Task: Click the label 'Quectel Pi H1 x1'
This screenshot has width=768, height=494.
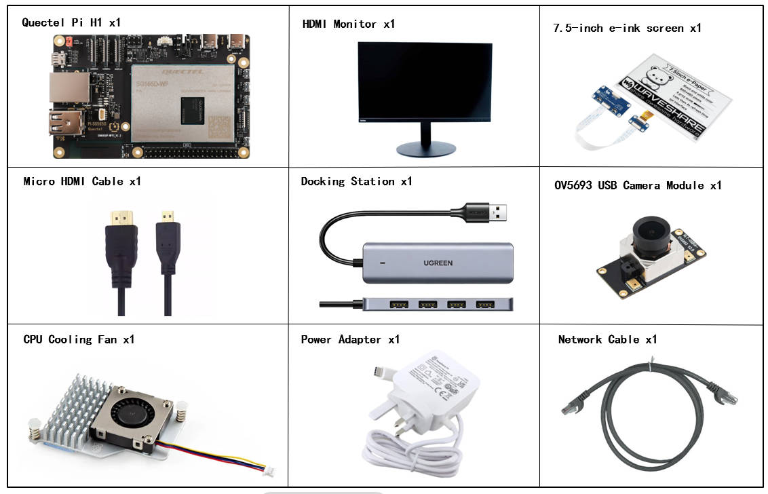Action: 71,22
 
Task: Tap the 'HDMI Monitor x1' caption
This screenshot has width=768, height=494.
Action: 348,24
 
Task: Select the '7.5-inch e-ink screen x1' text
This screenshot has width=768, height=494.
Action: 627,28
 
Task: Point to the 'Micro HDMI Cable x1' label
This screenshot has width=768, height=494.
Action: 83,181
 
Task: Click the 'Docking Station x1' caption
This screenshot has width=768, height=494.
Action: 356,181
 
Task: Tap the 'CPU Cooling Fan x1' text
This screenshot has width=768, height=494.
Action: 79,339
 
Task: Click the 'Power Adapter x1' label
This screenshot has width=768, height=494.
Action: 350,339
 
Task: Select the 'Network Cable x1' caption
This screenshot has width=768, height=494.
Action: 607,339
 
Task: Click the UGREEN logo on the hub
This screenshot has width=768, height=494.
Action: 438,263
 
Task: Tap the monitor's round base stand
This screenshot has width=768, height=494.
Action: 425,148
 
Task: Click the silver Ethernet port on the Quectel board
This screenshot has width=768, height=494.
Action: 68,88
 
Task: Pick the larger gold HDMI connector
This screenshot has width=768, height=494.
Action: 123,219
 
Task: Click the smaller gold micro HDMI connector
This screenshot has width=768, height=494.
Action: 165,219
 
